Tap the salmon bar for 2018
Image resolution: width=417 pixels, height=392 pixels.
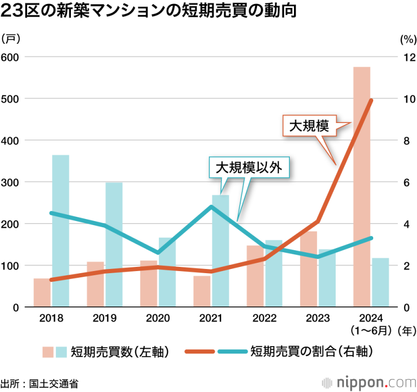(x=42, y=292)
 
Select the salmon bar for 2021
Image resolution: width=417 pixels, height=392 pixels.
(x=202, y=291)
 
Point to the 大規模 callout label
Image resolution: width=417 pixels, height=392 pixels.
(x=309, y=126)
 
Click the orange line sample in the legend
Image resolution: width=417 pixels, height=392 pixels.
(x=201, y=352)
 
